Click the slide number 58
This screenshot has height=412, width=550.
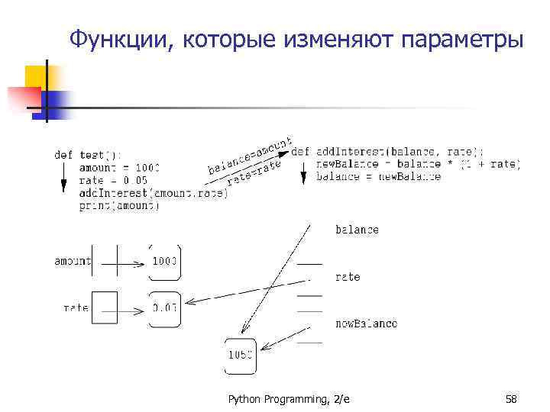[511, 399]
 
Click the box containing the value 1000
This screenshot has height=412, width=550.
[164, 262]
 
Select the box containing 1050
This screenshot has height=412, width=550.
[241, 354]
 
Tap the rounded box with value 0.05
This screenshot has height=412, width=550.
[164, 308]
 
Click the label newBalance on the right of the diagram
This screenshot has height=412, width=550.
[366, 323]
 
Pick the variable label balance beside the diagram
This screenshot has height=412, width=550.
[357, 230]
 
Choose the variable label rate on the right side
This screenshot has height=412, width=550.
[348, 277]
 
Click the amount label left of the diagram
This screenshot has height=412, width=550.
[73, 262]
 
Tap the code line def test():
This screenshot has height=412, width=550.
[87, 154]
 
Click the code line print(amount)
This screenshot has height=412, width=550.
[118, 205]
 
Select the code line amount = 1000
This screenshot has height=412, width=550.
[119, 167]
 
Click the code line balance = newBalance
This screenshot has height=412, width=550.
[379, 177]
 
